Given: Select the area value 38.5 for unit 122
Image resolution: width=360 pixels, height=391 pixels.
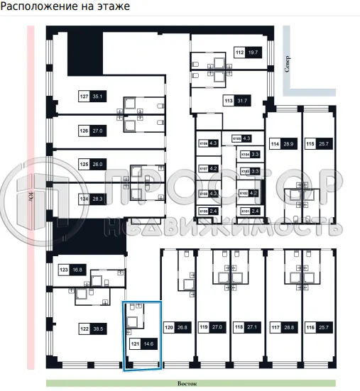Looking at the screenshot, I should point(97,329).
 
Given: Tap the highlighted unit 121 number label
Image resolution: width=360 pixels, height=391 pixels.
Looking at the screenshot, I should point(134,343).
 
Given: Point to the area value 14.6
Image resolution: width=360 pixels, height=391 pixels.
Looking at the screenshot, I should point(148,343).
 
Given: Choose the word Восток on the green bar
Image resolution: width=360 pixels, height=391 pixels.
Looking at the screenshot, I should point(187,383).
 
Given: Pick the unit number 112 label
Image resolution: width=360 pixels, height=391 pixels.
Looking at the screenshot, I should point(239,52).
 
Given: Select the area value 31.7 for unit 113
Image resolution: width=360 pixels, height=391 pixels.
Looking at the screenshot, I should point(242,101).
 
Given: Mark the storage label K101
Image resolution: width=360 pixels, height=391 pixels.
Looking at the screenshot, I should point(246,211).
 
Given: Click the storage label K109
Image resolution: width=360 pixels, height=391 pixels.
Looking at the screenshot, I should point(203,211).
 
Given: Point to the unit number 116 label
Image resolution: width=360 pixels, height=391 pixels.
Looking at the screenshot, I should point(310,328).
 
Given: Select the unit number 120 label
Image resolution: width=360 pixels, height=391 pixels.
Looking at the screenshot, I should point(169,328).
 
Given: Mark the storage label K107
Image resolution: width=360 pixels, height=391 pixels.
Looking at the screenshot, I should point(203,169).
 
